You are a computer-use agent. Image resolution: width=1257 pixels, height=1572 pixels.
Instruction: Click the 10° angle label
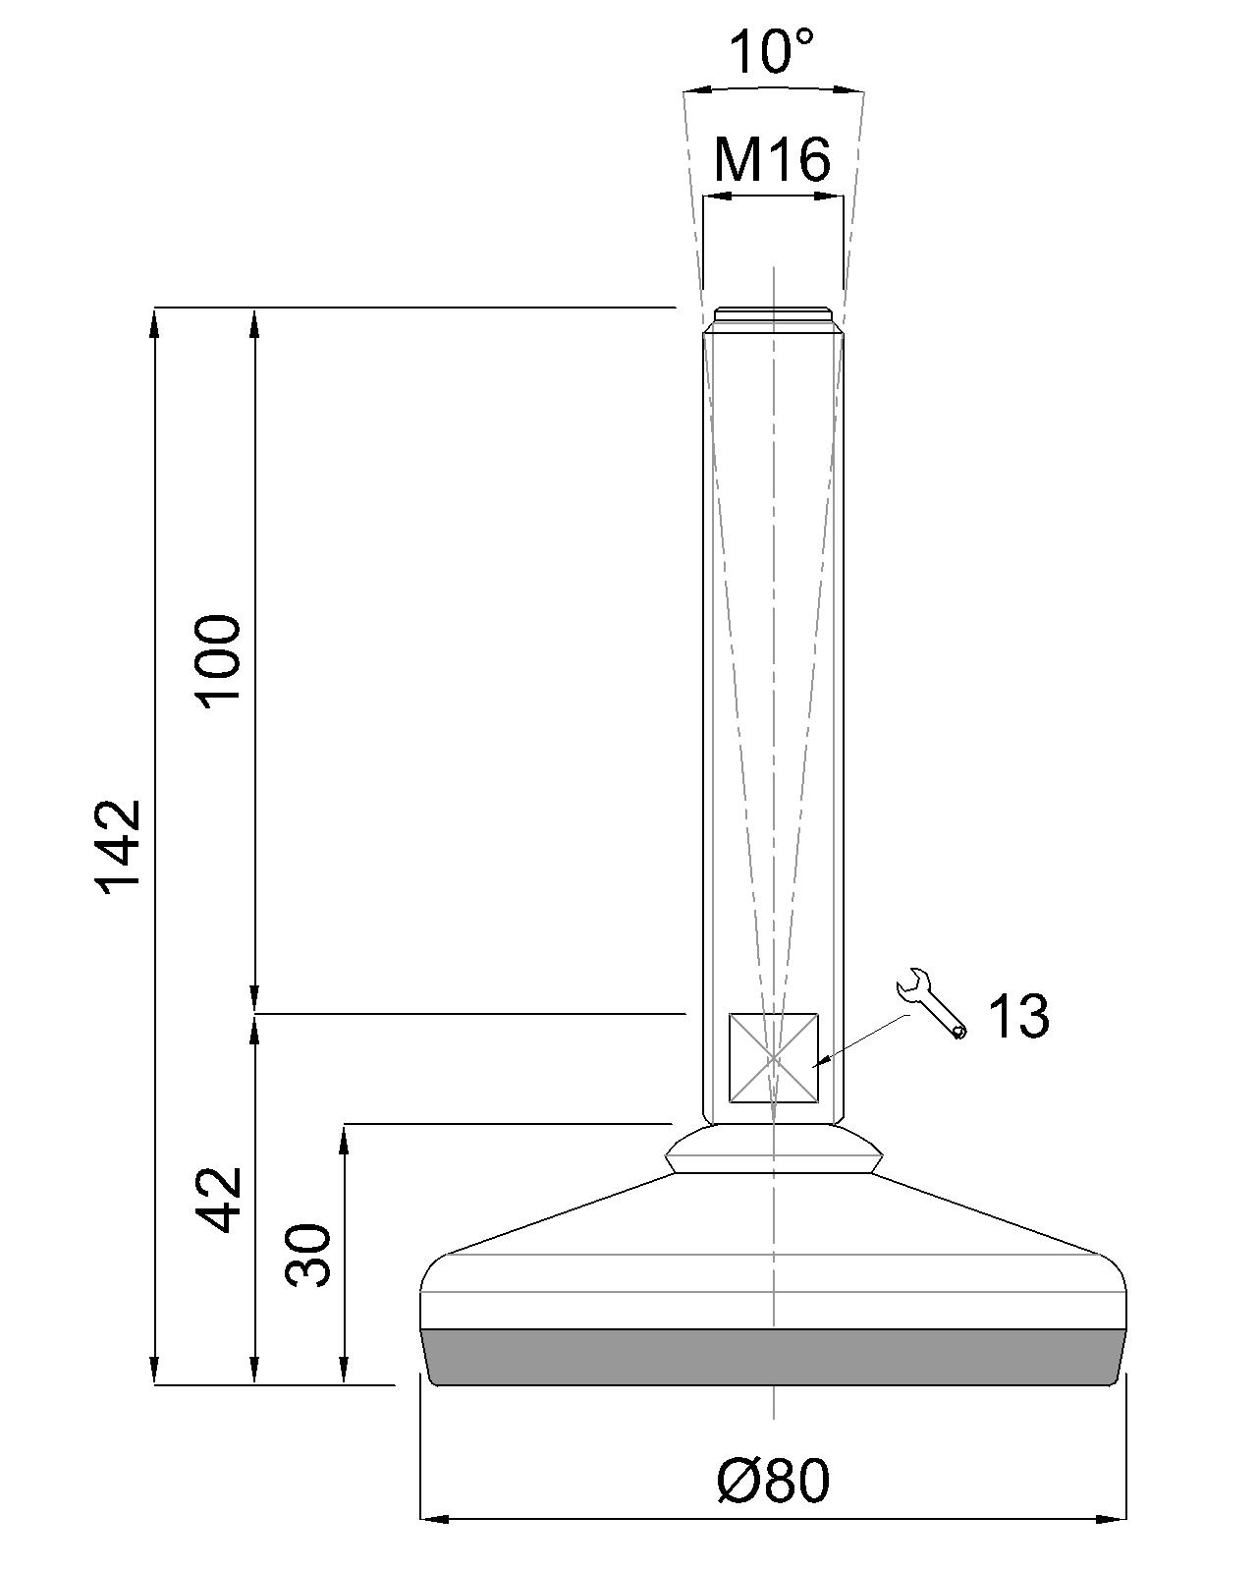click(x=773, y=51)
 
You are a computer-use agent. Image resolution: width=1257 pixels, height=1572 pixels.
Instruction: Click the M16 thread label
click(x=773, y=159)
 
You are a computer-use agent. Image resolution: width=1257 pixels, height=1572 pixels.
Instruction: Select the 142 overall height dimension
click(x=120, y=843)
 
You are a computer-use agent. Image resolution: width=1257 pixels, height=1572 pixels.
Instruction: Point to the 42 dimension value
click(x=218, y=1199)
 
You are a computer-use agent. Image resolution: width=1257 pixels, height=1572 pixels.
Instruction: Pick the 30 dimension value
click(x=308, y=1254)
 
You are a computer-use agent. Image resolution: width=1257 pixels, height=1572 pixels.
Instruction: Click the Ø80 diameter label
click(x=773, y=1480)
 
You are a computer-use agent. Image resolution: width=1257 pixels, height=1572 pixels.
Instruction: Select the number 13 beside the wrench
click(x=1017, y=1016)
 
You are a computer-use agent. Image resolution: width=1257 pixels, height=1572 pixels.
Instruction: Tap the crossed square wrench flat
click(x=773, y=1057)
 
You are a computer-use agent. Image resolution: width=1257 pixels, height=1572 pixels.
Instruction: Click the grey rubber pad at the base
click(x=773, y=1357)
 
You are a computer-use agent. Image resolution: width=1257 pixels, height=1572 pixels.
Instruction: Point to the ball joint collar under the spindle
click(x=773, y=1150)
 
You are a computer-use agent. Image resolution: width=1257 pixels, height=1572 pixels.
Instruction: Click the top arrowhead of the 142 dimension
click(x=154, y=320)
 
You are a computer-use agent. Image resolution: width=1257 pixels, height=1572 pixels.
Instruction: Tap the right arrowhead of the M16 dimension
click(x=833, y=196)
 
